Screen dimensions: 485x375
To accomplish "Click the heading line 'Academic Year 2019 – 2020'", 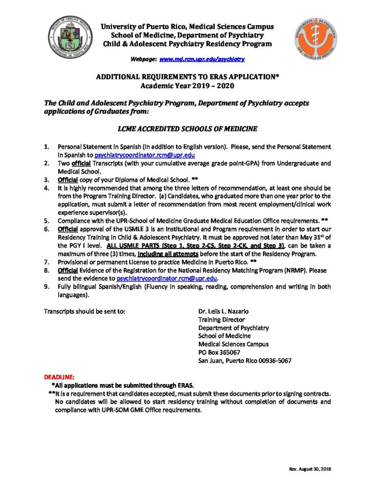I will pyautogui.click(x=187, y=86).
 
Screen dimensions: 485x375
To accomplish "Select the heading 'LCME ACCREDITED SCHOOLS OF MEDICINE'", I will pyautogui.click(x=187, y=128).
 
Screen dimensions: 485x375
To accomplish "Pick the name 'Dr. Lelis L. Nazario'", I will pyautogui.click(x=223, y=312).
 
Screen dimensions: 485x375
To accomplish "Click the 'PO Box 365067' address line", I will pyautogui.click(x=219, y=352).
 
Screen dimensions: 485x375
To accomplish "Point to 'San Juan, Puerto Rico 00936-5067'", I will pyautogui.click(x=245, y=360).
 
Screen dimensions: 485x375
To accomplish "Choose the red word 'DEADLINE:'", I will pyautogui.click(x=59, y=377).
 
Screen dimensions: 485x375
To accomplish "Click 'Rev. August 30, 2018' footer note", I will pyautogui.click(x=309, y=469).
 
